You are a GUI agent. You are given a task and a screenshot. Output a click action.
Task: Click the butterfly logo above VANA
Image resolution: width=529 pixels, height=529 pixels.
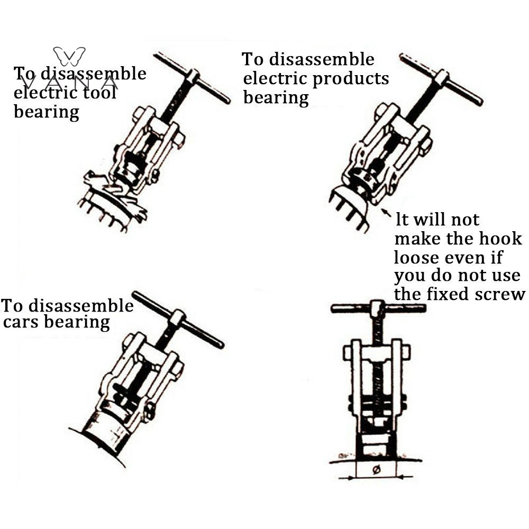69,57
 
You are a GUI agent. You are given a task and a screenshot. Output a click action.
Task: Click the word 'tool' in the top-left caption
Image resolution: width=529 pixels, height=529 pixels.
99,92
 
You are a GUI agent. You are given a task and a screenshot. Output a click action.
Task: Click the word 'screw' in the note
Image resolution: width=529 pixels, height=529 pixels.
500,294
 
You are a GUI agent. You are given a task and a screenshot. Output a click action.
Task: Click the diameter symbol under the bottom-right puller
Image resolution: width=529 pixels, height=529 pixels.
377,469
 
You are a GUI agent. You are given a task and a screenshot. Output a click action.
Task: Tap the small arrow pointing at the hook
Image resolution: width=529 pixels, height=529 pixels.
386,213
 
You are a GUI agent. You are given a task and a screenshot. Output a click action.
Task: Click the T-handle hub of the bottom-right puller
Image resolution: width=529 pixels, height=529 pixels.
377,308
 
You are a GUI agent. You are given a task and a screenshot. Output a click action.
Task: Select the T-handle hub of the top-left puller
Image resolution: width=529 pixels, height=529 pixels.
193,77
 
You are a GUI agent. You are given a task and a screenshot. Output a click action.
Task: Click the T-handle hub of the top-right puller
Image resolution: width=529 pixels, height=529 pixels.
442,77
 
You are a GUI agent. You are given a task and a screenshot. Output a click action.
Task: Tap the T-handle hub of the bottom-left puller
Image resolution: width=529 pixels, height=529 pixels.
178,317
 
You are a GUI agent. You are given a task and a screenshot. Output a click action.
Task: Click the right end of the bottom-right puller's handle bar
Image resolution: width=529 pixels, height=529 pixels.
424,308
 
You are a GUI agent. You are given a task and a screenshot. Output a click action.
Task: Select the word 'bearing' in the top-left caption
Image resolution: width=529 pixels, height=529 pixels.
47,112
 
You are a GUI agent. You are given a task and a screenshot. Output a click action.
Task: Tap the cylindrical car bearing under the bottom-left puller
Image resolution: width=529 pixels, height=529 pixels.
105,429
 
